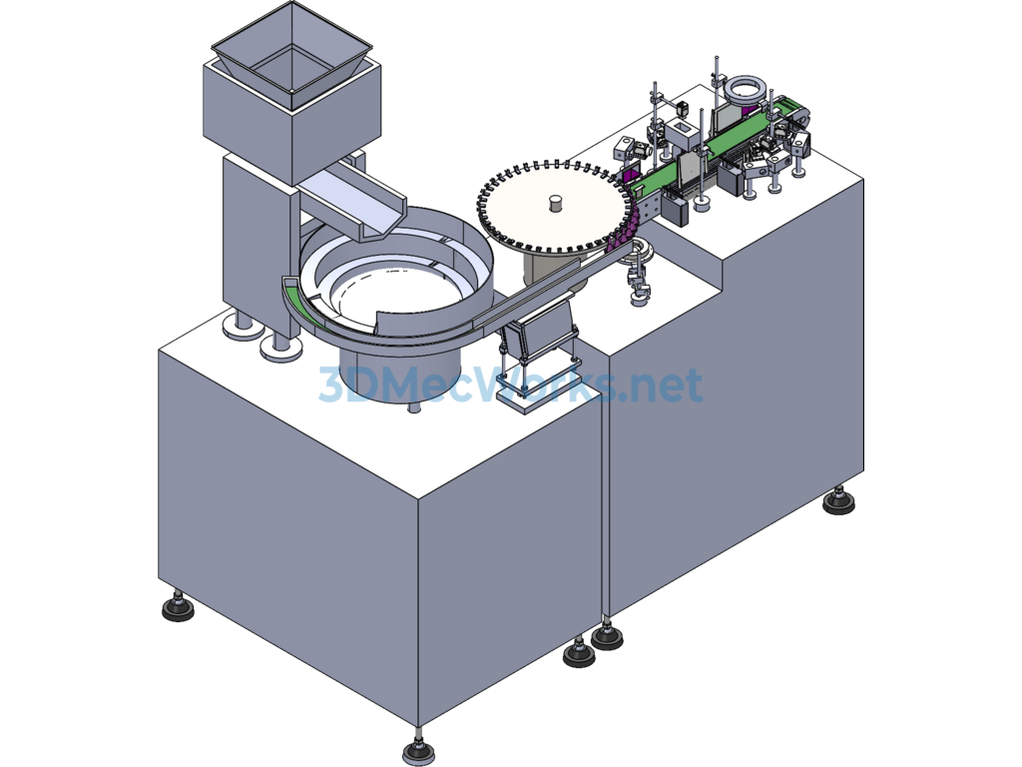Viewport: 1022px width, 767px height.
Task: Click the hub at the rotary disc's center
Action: [555, 203]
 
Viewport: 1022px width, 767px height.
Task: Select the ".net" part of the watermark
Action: [660, 384]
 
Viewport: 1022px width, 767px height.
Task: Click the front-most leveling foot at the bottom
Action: [419, 752]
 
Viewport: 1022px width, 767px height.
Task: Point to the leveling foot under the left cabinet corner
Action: [178, 608]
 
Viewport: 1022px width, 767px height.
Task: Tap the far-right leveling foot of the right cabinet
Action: [839, 502]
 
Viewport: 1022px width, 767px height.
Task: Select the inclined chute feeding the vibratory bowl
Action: [352, 202]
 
